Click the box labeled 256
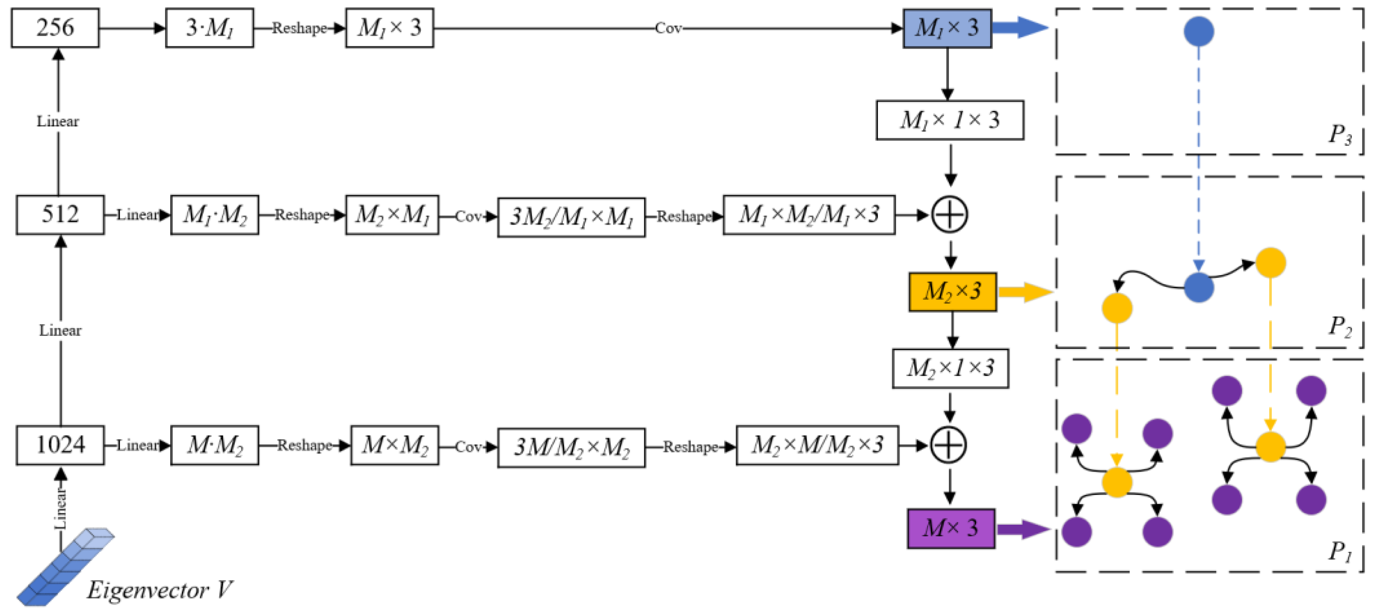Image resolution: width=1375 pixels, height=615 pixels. tap(55, 28)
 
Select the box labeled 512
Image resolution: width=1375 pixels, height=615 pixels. tap(60, 215)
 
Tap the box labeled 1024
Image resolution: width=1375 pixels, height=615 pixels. tap(60, 445)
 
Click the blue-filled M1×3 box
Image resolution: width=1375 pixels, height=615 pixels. tap(947, 28)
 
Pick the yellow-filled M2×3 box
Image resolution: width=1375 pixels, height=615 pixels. tap(952, 292)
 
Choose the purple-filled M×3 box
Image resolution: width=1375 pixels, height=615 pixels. tap(951, 529)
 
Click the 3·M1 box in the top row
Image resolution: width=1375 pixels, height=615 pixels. tap(209, 28)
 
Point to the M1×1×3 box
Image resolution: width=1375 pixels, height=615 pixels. tap(950, 120)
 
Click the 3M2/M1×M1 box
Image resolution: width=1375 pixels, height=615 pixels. tap(571, 217)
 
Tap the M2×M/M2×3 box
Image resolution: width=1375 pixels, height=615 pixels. tap(816, 445)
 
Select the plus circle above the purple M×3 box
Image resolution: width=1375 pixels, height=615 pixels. tap(948, 445)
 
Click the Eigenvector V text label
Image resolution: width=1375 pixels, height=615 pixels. tap(159, 590)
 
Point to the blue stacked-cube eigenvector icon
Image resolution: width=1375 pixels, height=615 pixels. tap(65, 567)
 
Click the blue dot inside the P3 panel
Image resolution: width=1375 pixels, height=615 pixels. tap(1198, 31)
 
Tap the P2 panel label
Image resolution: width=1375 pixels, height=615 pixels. tap(1340, 326)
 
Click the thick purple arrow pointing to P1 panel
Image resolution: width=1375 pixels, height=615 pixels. tap(1022, 529)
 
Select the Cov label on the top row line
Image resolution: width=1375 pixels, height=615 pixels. tap(668, 28)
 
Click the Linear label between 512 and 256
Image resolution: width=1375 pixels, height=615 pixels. tap(58, 122)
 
